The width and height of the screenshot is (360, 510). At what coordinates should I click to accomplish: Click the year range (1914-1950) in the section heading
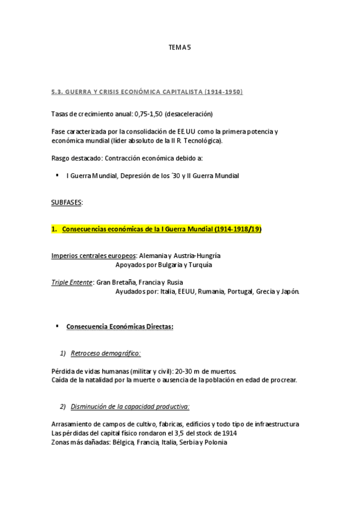[x=223, y=92]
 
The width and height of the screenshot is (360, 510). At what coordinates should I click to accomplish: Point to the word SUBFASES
[x=66, y=203]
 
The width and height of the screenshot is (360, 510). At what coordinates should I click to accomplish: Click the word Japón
[x=288, y=292]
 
